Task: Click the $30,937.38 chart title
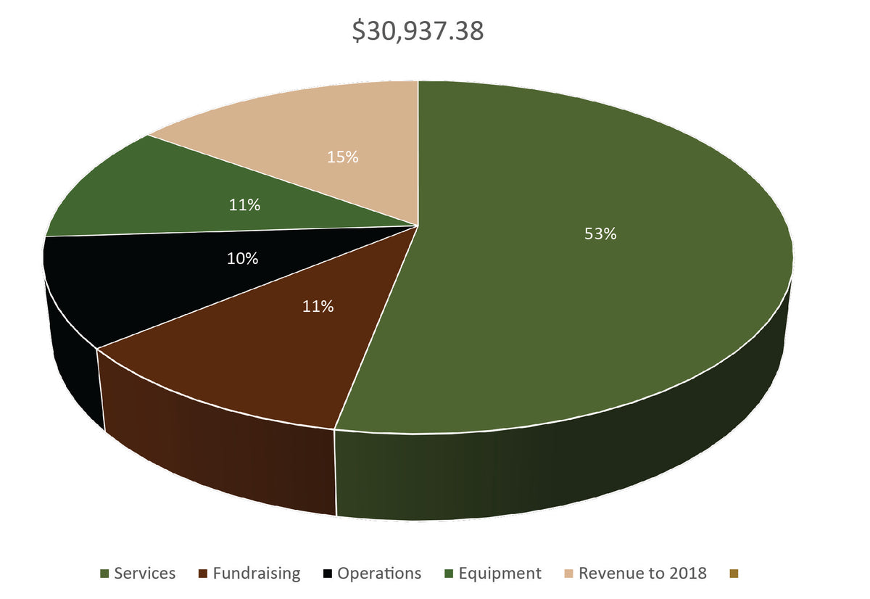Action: coord(418,31)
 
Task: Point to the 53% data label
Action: coord(600,234)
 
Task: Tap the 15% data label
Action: coord(342,157)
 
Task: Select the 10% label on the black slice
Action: coord(242,258)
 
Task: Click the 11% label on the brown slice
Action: coord(318,307)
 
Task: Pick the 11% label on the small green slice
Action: coord(244,205)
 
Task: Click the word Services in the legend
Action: coord(144,573)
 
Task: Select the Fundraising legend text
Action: coord(256,573)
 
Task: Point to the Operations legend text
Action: coord(379,573)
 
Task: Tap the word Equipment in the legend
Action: coord(500,573)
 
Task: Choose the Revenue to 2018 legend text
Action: coord(642,573)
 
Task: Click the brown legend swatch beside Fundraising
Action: coord(203,574)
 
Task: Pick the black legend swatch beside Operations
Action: coord(328,574)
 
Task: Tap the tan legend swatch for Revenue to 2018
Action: coord(570,574)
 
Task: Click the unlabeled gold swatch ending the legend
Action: coord(734,574)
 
